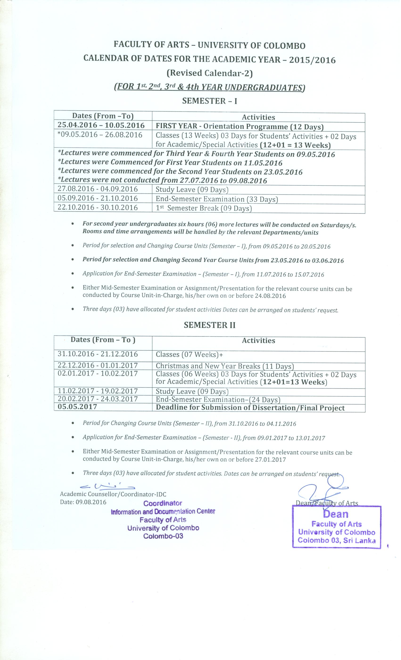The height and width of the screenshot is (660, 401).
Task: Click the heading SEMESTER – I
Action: [x=210, y=101]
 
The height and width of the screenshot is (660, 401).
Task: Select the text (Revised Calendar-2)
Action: [x=210, y=73]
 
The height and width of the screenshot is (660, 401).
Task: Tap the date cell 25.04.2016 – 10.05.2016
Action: [x=101, y=125]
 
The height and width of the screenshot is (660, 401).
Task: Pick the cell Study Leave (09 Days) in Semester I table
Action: [x=192, y=190]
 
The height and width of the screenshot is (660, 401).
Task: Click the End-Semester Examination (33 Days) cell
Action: [x=217, y=199]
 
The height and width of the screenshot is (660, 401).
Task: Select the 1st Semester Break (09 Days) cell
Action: [x=204, y=208]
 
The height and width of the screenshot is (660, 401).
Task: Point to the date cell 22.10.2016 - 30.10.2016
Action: [x=98, y=208]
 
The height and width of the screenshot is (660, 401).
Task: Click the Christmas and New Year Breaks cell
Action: [x=225, y=366]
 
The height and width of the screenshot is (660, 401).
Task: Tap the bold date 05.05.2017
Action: [x=77, y=407]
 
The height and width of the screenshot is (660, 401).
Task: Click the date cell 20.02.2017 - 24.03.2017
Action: [x=98, y=399]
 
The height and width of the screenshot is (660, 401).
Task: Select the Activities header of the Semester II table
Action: [x=258, y=341]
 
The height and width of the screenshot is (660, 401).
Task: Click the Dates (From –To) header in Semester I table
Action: [x=103, y=116]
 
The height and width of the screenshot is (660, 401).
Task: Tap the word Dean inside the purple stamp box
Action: [x=336, y=514]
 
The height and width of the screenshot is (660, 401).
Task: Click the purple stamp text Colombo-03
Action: [x=163, y=536]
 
